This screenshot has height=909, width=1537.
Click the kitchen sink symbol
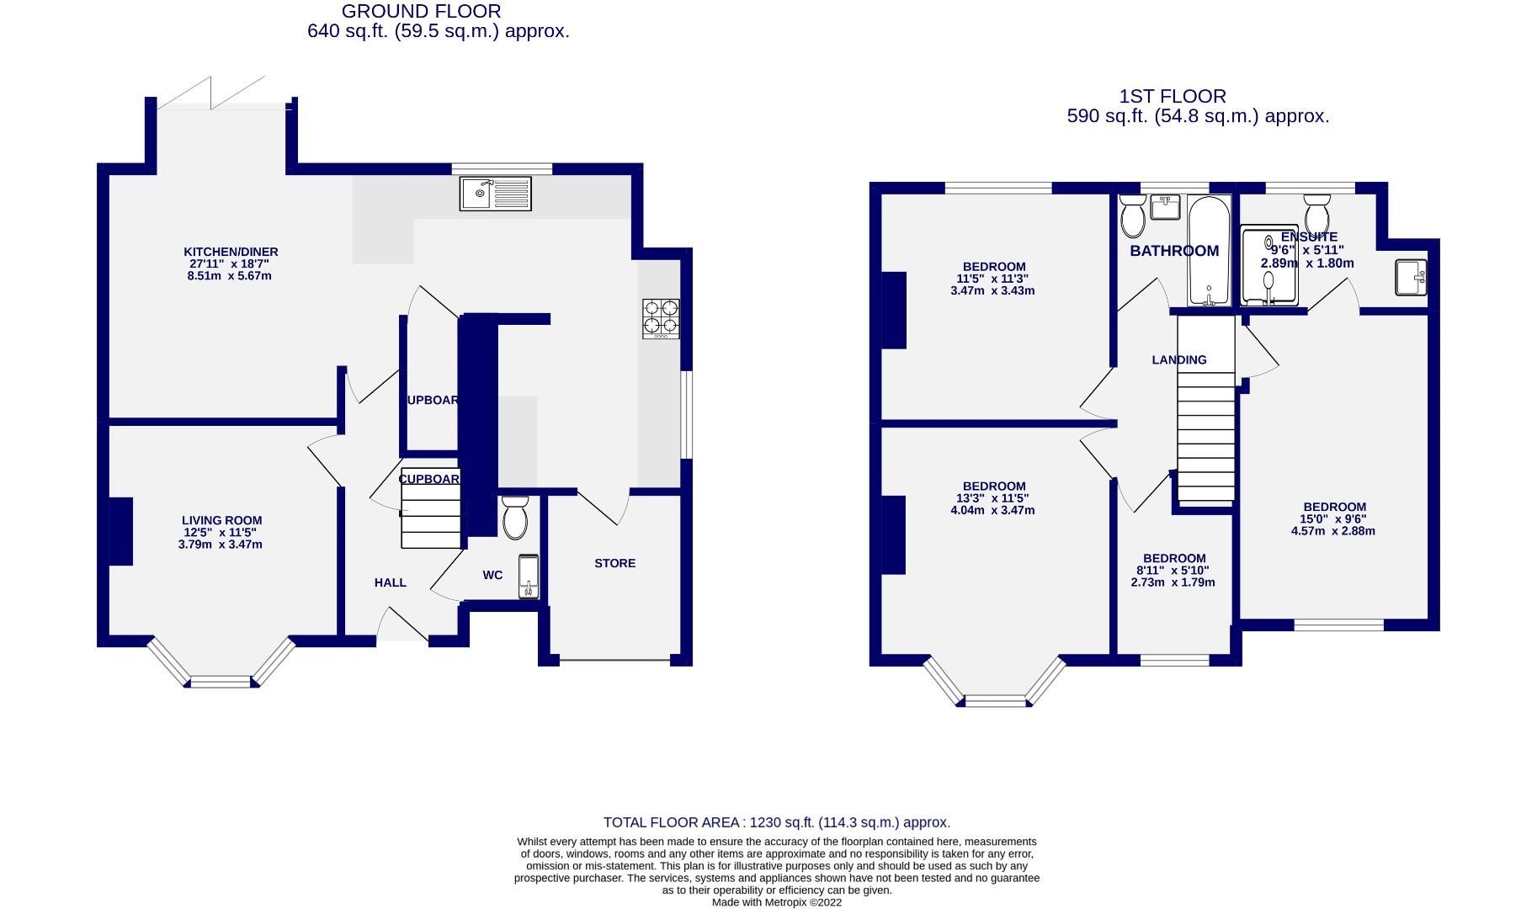(496, 193)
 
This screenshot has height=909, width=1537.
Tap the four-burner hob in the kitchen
(661, 318)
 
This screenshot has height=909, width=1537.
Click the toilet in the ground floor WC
(514, 517)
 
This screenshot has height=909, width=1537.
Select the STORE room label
(614, 563)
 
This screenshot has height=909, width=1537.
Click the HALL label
(391, 582)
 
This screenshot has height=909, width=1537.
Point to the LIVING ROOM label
(221, 521)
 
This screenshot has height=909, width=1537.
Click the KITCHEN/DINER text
(231, 252)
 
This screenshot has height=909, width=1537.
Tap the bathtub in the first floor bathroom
(1209, 251)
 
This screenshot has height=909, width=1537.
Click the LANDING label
(1178, 359)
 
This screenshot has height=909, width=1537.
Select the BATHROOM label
(1173, 251)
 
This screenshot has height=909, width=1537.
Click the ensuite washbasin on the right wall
(1411, 277)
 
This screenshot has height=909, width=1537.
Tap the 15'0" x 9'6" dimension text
(1333, 519)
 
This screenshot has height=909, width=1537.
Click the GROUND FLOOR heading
(421, 12)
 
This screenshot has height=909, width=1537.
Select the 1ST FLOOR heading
(1173, 97)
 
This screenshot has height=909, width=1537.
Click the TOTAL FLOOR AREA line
(776, 822)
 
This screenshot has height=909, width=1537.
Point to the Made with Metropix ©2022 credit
(776, 902)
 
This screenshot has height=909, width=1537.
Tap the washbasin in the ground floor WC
(528, 577)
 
